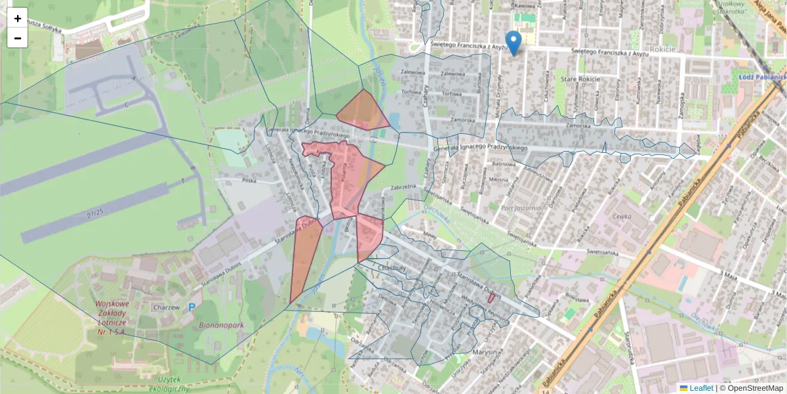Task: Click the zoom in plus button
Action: tap(18, 18)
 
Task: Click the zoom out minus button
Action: tap(18, 38)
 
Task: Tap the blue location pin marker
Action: tap(514, 42)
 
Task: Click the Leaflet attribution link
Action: tap(700, 388)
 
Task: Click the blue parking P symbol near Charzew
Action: tap(192, 307)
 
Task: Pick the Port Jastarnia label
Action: tap(521, 209)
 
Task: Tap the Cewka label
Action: tap(621, 215)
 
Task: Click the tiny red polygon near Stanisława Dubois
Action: tap(491, 298)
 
